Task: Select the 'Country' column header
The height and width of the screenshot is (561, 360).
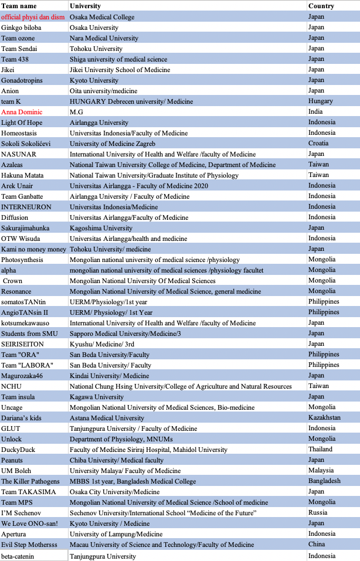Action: pos(321,6)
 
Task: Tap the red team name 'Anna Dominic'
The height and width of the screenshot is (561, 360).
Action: pos(21,112)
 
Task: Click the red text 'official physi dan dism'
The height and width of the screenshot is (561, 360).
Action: pos(33,17)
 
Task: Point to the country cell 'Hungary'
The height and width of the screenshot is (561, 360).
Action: pos(321,101)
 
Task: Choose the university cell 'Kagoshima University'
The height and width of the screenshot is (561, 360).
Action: pos(101,228)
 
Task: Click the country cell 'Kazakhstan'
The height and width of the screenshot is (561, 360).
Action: pos(324,418)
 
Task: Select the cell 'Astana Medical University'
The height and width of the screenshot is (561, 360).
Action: pos(107,418)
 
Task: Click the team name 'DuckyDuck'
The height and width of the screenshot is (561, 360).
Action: pos(19,450)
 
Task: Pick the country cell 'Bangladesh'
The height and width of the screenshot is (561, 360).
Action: pos(324,481)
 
